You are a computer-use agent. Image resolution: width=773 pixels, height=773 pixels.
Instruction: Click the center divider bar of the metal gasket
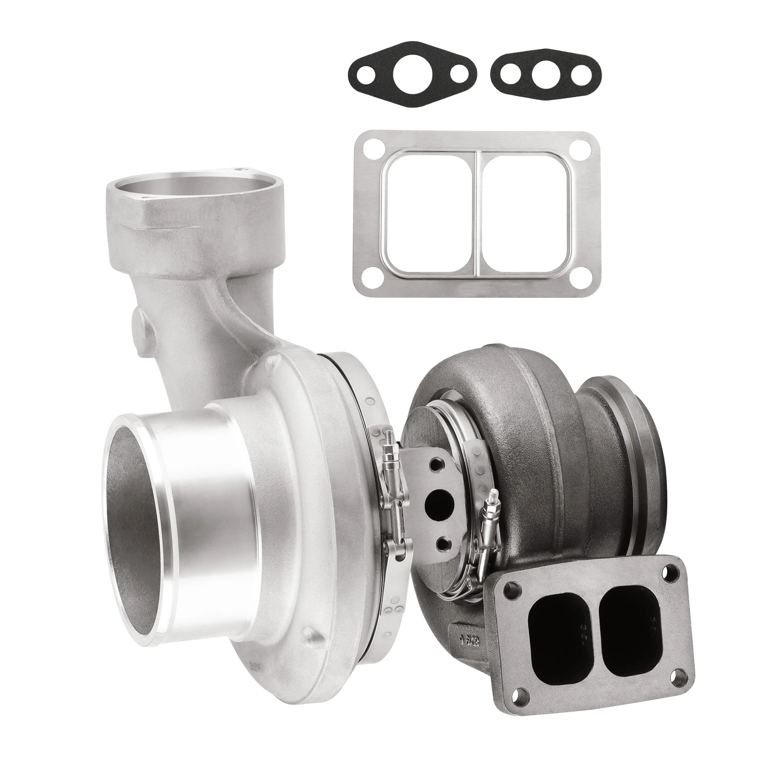pos(476,203)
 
